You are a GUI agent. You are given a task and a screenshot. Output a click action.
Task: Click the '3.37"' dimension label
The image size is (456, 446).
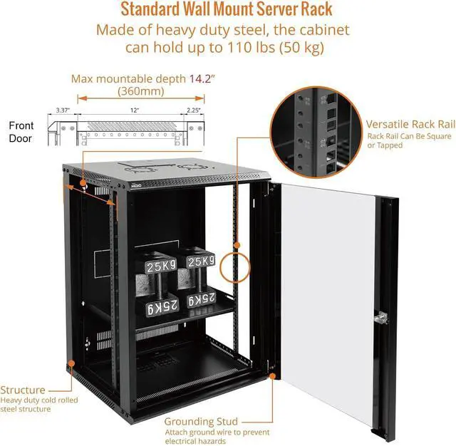point(61,111)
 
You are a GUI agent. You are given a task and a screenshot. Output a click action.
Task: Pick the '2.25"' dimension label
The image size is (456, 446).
point(193,111)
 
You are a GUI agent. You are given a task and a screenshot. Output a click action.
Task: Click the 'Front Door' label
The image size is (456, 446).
point(21,132)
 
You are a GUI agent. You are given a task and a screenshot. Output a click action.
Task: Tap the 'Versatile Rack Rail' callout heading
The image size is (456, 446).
point(410,123)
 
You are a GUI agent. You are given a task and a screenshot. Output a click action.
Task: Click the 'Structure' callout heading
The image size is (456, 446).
point(24,390)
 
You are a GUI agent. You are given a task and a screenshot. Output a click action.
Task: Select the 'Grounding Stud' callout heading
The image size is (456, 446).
point(202,422)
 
